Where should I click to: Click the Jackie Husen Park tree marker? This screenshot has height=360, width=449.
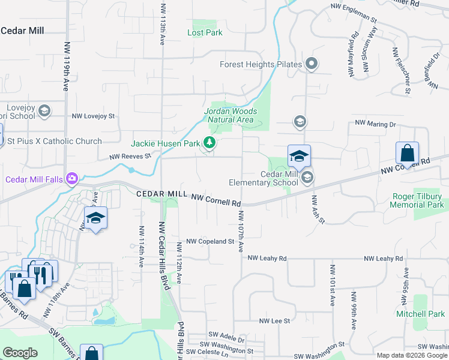coord(209,143)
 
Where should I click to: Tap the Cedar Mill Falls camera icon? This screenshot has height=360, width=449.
coord(72,178)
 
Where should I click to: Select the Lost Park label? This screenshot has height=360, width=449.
coord(205,32)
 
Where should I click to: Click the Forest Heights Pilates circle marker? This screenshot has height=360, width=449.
coord(311,63)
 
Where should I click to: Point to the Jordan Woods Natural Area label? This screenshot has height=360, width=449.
coord(231,115)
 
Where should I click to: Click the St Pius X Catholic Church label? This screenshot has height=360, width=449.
coord(54,142)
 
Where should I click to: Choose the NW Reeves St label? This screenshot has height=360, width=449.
coord(130,157)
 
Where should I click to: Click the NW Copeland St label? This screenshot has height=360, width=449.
coord(209,241)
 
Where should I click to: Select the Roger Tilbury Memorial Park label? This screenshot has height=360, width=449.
coord(420,200)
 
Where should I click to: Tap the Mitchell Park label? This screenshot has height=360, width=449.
coord(420,314)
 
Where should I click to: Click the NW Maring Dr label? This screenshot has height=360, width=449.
coord(376,124)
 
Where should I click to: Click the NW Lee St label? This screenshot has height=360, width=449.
coord(274,322)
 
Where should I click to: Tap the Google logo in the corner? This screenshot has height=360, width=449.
coord(20,352)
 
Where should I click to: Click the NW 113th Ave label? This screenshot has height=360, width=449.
coord(162,24)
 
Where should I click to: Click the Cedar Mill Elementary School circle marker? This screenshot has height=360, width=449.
coord(307,177)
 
